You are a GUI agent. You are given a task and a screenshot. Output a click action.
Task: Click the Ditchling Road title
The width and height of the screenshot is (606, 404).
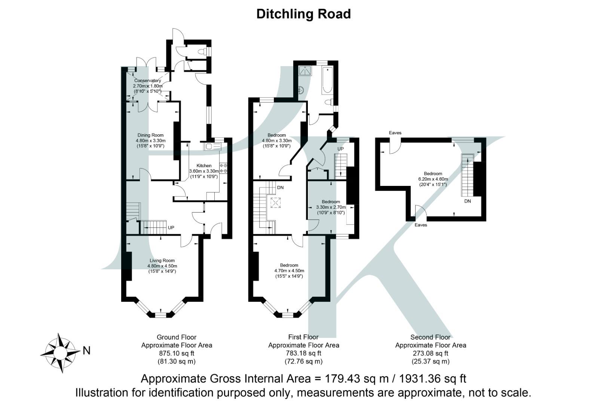point(303,14)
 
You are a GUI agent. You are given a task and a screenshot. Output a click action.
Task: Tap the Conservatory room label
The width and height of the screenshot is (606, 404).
point(147,80)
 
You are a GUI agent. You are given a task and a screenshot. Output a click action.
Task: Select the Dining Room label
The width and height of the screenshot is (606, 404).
point(150,135)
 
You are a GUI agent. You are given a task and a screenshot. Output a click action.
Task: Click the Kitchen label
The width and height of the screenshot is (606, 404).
point(204,166)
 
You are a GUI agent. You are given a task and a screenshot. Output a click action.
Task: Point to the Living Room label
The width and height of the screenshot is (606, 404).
point(162,261)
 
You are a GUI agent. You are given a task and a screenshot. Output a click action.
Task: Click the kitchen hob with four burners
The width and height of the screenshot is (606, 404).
point(223,168)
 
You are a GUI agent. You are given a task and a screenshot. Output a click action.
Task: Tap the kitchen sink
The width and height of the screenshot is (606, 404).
point(212,147)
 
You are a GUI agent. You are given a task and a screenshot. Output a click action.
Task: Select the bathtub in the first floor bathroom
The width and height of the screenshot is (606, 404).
point(327,80)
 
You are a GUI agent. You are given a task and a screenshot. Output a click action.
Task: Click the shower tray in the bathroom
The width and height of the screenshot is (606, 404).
point(305,71)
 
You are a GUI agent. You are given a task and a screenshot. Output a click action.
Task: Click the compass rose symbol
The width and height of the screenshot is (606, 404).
point(60,353)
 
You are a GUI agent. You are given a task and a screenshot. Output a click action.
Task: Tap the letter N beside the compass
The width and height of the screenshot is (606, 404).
point(86,351)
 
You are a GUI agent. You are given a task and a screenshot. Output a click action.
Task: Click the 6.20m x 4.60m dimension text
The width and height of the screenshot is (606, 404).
point(433,179)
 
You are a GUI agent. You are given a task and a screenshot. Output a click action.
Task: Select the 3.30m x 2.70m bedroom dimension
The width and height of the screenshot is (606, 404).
point(331,207)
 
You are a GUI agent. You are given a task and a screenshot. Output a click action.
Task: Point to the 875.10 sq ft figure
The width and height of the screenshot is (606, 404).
point(177,353)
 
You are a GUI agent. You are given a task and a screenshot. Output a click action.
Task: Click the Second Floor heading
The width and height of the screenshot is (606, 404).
point(431,337)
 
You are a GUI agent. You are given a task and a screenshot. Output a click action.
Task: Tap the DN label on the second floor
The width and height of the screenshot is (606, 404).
point(468,201)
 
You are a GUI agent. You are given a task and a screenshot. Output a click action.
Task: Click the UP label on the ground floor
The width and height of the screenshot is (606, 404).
point(171,227)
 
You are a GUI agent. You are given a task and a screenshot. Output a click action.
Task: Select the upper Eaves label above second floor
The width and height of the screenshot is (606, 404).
point(395,132)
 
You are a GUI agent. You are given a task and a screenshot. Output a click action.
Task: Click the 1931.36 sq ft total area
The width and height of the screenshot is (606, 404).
point(432,379)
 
